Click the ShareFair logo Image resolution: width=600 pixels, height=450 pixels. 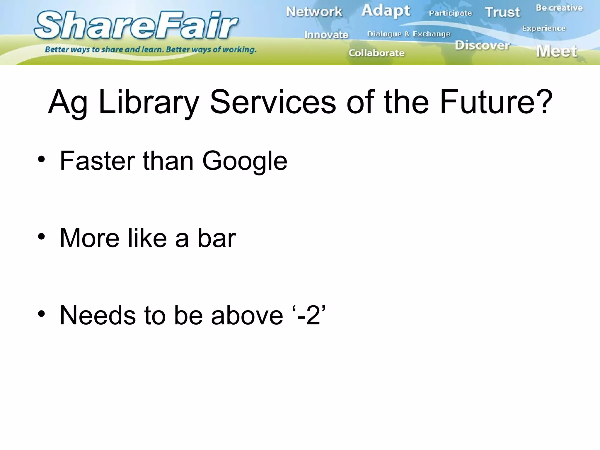pyautogui.click(x=137, y=25)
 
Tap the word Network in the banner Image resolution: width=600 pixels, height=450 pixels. pyautogui.click(x=314, y=12)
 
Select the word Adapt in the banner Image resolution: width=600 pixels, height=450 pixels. pyautogui.click(x=386, y=11)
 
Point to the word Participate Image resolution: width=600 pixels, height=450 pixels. pyautogui.click(x=450, y=13)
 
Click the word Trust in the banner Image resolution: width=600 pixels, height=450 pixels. pyautogui.click(x=502, y=12)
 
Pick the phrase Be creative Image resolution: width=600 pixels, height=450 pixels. pyautogui.click(x=559, y=8)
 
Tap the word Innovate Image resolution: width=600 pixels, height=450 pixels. pyautogui.click(x=326, y=35)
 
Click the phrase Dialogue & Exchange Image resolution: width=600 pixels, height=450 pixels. pyautogui.click(x=409, y=34)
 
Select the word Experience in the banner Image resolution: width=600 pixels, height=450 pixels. pyautogui.click(x=544, y=28)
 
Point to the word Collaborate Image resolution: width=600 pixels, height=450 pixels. pyautogui.click(x=376, y=53)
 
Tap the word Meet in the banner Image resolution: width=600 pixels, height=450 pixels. pyautogui.click(x=557, y=51)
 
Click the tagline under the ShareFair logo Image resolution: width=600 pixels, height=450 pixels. pyautogui.click(x=151, y=50)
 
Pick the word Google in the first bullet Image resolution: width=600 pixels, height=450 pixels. pyautogui.click(x=245, y=161)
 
